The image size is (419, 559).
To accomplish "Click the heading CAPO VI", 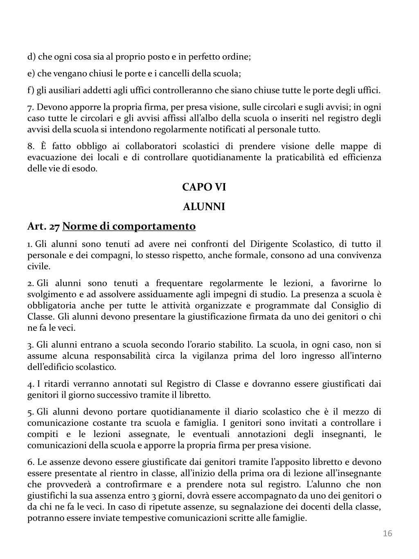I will pos(204,187).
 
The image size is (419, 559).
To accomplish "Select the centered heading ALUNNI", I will pos(204,207).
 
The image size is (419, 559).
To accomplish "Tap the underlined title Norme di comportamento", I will pos(129,226).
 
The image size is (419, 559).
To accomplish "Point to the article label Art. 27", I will pos(44,226).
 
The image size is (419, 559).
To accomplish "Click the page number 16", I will pos(387,533).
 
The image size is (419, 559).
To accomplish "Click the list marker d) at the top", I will pos(32,57).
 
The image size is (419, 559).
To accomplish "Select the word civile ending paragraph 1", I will pos(38,267).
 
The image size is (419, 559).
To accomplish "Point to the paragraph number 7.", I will pos(30,108).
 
